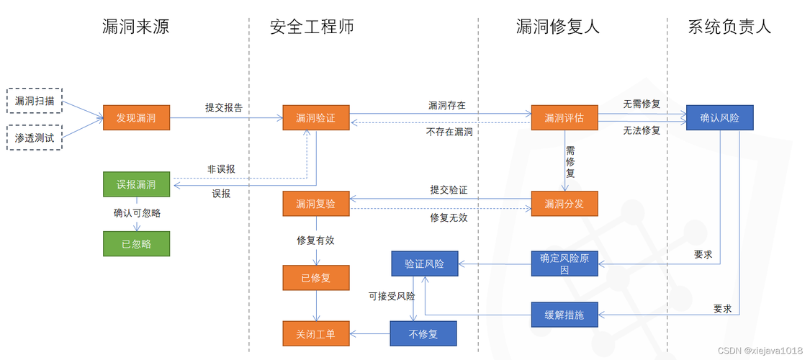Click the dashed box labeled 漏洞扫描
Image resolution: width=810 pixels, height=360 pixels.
pyautogui.click(x=34, y=101)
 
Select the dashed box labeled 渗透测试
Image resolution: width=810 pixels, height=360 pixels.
pyautogui.click(x=34, y=138)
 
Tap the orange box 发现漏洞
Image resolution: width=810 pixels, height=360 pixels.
pyautogui.click(x=136, y=118)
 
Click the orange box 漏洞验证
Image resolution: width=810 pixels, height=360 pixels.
pyautogui.click(x=315, y=118)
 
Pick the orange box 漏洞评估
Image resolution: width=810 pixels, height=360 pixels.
pyautogui.click(x=564, y=118)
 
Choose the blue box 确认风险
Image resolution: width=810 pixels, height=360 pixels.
pyautogui.click(x=719, y=118)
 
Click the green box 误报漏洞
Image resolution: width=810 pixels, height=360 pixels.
pyautogui.click(x=136, y=184)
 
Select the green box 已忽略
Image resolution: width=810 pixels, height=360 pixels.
pyautogui.click(x=136, y=244)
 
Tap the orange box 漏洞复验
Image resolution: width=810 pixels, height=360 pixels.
pyautogui.click(x=315, y=204)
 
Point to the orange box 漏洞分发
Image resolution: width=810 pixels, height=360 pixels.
pyautogui.click(x=564, y=204)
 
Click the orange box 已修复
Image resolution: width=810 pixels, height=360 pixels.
pyautogui.click(x=315, y=278)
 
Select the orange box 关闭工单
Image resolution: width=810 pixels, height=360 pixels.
pyautogui.click(x=315, y=333)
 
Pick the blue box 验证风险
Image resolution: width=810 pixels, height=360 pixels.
pyautogui.click(x=424, y=264)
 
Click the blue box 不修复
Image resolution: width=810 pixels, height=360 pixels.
pyautogui.click(x=423, y=333)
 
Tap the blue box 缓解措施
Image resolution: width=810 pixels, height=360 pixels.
pyautogui.click(x=564, y=315)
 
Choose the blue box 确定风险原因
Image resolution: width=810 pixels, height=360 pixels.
pyautogui.click(x=564, y=264)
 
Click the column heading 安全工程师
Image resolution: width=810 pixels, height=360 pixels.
pyautogui.click(x=312, y=27)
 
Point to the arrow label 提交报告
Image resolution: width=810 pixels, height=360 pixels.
pyautogui.click(x=224, y=107)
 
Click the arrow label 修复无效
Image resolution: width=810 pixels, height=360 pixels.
pyautogui.click(x=449, y=218)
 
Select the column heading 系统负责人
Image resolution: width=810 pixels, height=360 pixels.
pyautogui.click(x=729, y=27)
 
